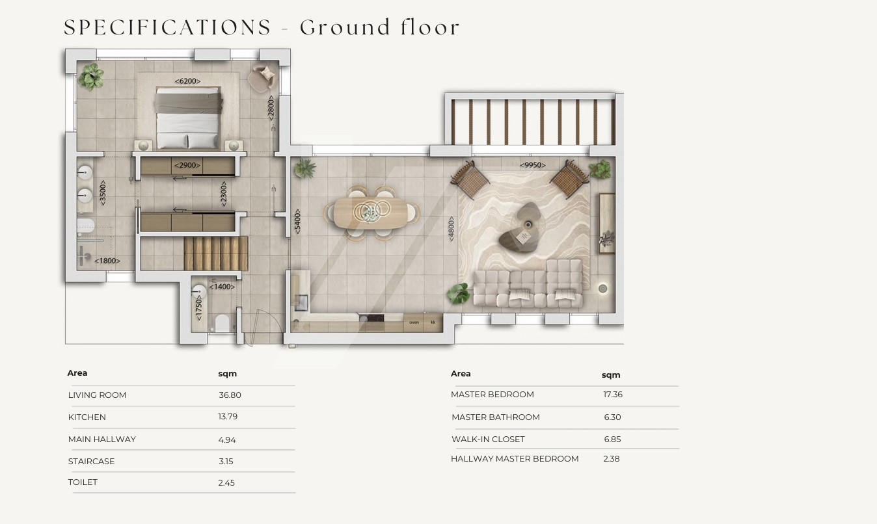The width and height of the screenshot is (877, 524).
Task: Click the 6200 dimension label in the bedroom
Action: [187, 81]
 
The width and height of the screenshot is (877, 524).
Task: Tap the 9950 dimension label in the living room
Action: [532, 164]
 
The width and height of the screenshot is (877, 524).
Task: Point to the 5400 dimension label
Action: [297, 222]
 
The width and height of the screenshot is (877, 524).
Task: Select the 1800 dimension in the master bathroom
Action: [107, 261]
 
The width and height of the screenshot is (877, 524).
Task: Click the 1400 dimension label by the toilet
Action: [222, 287]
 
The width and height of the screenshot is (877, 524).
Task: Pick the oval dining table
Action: [370, 213]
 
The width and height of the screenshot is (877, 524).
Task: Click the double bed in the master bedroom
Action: [188, 118]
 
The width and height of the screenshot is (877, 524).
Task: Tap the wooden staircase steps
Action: [216, 254]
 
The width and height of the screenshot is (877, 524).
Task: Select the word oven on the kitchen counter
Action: [414, 322]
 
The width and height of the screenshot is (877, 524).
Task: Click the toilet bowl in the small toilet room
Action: [222, 323]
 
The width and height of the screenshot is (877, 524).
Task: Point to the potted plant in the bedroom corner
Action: [91, 76]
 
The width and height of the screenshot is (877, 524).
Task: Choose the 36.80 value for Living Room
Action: [230, 395]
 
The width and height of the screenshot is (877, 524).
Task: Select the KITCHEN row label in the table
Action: [87, 417]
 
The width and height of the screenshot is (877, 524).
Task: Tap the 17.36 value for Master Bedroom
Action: [613, 394]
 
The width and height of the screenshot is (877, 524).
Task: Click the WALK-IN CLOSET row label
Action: [488, 439]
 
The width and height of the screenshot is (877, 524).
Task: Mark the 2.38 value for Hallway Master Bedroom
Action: [612, 458]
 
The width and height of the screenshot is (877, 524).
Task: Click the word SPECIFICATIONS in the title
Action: [167, 27]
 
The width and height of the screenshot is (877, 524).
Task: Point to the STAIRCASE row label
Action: [91, 462]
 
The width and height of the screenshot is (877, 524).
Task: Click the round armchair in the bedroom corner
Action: [261, 78]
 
